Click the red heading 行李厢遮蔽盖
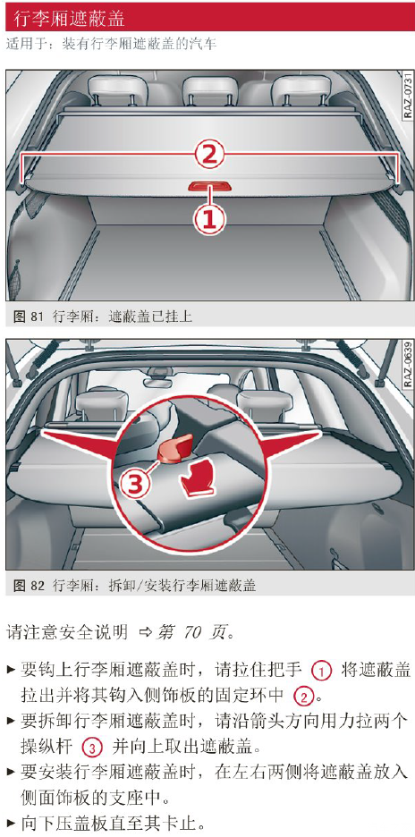pos(69,18)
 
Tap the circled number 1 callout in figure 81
pos(208,219)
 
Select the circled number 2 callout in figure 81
pos(208,155)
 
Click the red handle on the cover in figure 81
pos(208,185)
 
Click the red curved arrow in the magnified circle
pos(196,480)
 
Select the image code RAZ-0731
pos(407,96)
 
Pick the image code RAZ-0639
pos(407,365)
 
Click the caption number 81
pos(37,317)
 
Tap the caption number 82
pos(37,586)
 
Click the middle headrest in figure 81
pos(210,89)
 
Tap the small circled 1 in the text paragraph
pos(321,671)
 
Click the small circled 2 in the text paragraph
pos(302,697)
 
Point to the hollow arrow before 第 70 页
pos(145,634)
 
